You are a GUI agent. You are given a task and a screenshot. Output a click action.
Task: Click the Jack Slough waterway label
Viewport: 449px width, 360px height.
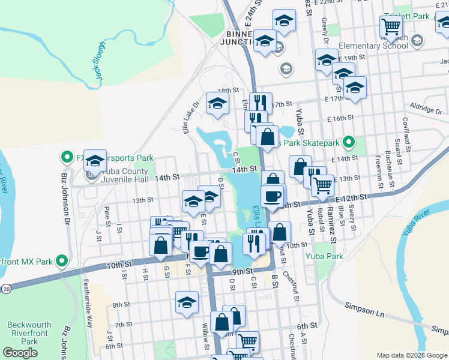[100, 61]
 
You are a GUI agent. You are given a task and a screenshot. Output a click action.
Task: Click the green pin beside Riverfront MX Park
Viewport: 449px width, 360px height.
[61, 261]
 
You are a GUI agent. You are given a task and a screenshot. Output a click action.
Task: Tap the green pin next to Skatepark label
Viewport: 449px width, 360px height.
[353, 143]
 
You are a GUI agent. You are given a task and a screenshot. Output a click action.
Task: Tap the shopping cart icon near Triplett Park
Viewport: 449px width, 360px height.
[391, 26]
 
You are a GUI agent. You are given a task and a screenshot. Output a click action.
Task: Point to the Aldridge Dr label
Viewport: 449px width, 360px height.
[426, 107]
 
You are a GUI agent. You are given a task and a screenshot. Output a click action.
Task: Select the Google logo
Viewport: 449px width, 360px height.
[20, 353]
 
